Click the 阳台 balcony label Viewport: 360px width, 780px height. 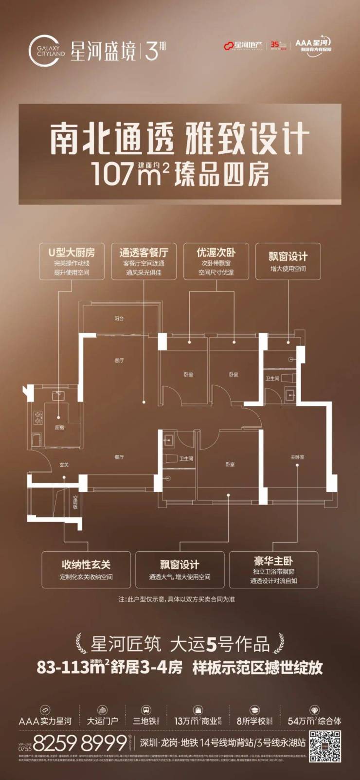coord(119,318)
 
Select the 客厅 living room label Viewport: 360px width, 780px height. coord(119,361)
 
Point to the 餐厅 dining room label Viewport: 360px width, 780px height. coord(119,457)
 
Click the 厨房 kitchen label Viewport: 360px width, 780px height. coord(59,427)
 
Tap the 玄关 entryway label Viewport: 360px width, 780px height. coord(64,465)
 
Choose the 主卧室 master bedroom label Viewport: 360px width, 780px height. coord(297,457)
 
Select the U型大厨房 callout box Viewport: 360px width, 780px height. coord(72,261)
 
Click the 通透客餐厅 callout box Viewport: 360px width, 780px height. coord(144,261)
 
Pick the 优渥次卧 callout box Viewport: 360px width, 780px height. coord(216,261)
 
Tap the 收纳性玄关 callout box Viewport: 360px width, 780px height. coord(86,569)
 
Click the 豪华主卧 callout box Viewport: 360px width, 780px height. coord(273,569)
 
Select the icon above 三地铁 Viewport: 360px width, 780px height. coord(145,710)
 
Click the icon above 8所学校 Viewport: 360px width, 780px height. coord(254,710)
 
